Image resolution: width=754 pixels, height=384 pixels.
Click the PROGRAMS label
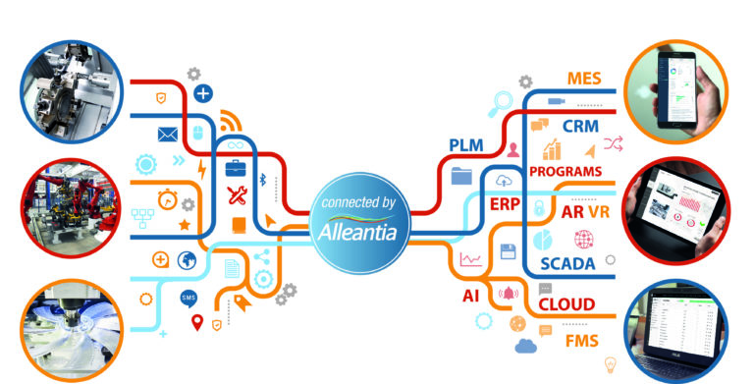(565, 171)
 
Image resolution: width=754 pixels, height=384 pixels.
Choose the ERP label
(504, 203)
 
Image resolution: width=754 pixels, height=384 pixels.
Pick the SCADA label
(570, 264)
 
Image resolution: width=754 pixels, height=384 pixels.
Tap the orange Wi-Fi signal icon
(229, 123)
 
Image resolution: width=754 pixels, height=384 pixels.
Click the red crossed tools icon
(237, 193)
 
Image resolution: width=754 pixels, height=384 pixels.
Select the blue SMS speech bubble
(188, 298)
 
